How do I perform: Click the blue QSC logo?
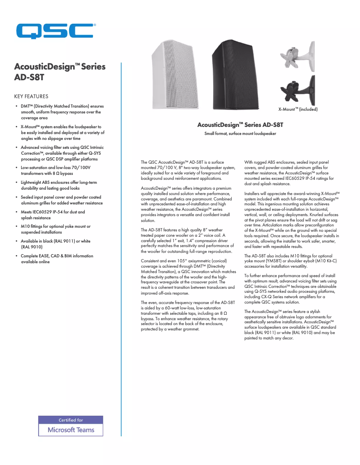tap(55, 32)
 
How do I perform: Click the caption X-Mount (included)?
tap(298, 109)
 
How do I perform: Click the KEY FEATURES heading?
tap(31, 96)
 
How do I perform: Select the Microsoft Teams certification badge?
tap(70, 426)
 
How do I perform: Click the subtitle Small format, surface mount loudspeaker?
tap(240, 134)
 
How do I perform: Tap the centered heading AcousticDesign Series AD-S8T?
tap(240, 125)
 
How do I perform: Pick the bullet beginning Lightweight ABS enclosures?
tap(58, 185)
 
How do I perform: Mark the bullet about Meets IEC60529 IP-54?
tap(53, 214)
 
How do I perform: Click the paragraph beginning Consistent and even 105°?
tap(188, 277)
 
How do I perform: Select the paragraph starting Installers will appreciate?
tap(291, 220)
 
